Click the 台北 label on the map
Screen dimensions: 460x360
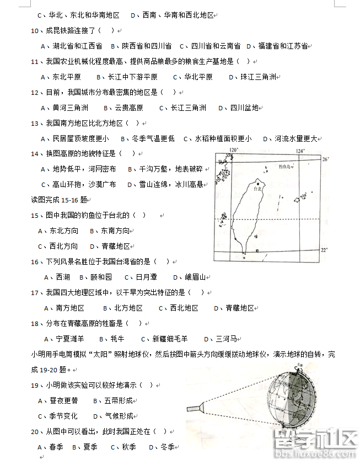pyautogui.click(x=257, y=189)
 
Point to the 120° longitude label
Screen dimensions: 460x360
pyautogui.click(x=234, y=150)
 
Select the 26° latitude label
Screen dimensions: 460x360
pyautogui.click(x=325, y=159)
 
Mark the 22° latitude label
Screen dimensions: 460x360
pyautogui.click(x=325, y=250)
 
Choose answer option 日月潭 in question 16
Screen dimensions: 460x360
pyautogui.click(x=146, y=277)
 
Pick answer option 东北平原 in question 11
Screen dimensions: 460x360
pyautogui.click(x=67, y=77)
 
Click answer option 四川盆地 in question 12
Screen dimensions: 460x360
pyautogui.click(x=244, y=108)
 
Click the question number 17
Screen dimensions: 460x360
pyautogui.click(x=35, y=292)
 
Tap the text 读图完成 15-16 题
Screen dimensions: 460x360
pyautogui.click(x=60, y=199)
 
